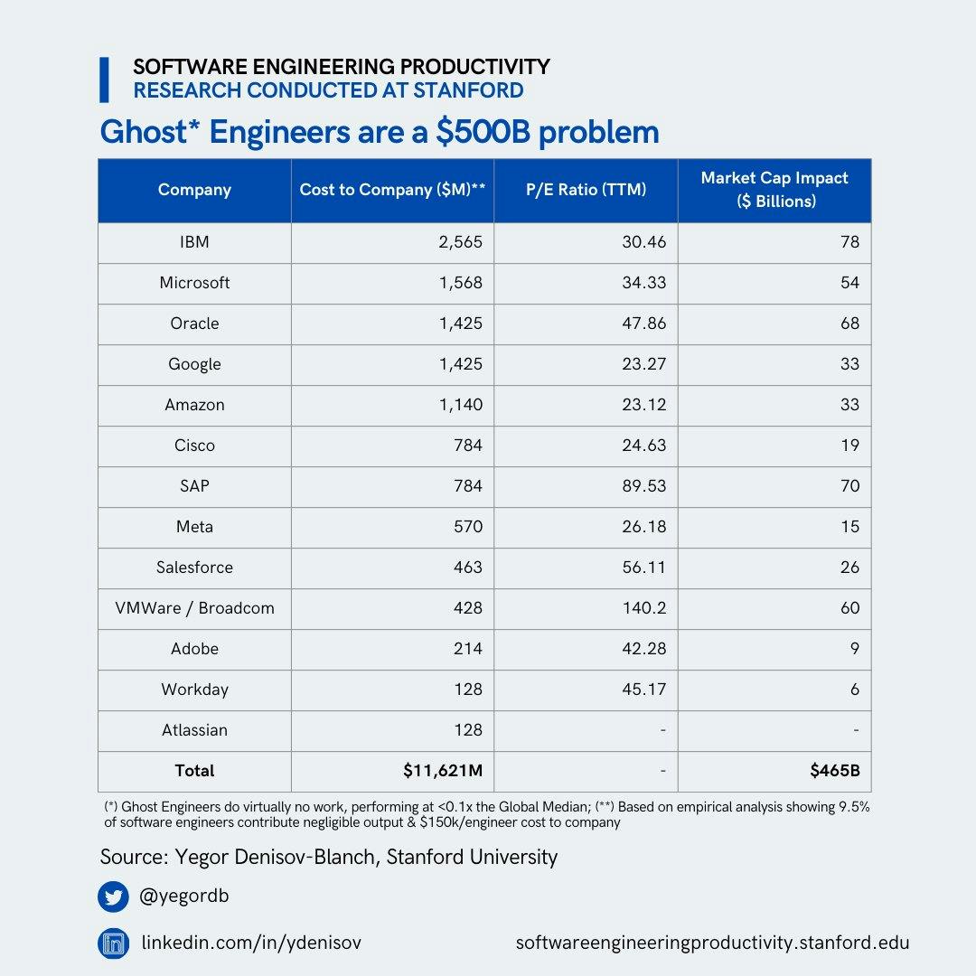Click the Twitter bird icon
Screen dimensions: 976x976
pyautogui.click(x=114, y=897)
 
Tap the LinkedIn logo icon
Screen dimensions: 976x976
pyautogui.click(x=114, y=943)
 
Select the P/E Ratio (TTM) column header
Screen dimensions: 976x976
pyautogui.click(x=586, y=190)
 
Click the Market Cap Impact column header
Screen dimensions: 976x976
pyautogui.click(x=774, y=190)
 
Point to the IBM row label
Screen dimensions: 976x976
pyautogui.click(x=194, y=242)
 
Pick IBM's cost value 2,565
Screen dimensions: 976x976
pyautogui.click(x=457, y=242)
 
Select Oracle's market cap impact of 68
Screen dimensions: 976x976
pyautogui.click(x=849, y=324)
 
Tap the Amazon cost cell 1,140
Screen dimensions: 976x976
pyautogui.click(x=461, y=405)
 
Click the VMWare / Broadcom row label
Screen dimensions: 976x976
pyautogui.click(x=194, y=608)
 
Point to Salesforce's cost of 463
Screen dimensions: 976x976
pyautogui.click(x=468, y=568)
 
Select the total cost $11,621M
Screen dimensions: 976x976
pyautogui.click(x=443, y=771)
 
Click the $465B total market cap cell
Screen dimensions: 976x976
pyautogui.click(x=835, y=771)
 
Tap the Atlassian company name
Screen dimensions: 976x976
pyautogui.click(x=194, y=730)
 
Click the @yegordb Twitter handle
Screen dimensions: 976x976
pyautogui.click(x=185, y=897)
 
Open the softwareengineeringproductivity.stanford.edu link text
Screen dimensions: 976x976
pyautogui.click(x=712, y=943)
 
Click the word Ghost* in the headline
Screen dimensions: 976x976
pyautogui.click(x=148, y=132)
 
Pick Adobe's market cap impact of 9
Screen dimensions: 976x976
pyautogui.click(x=854, y=649)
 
